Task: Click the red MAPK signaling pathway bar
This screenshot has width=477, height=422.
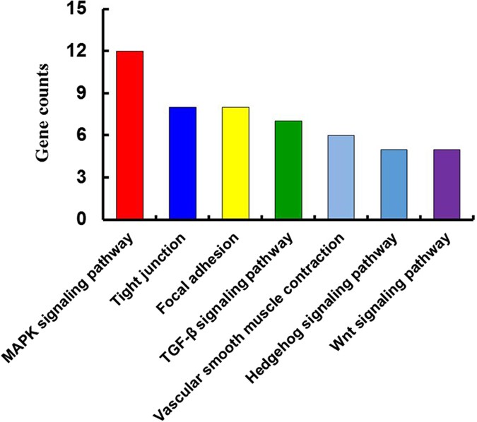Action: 130,135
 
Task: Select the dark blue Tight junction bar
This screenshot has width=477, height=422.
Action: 182,163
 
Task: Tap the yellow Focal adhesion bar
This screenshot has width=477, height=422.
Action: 235,163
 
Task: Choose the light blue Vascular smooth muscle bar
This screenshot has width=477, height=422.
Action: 340,177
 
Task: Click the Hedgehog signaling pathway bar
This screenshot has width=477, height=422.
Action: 393,184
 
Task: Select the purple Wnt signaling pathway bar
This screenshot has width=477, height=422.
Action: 446,184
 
